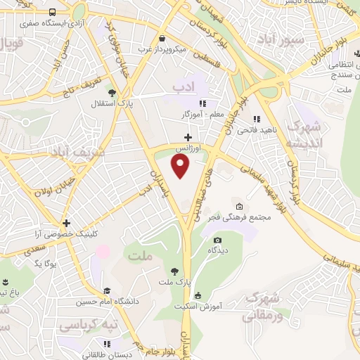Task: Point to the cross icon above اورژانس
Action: coord(187,137)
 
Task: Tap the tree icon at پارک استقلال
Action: coord(112,92)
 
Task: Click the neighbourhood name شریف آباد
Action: coord(78,151)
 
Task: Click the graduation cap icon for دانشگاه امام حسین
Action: coord(107,290)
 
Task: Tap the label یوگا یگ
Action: coord(29,262)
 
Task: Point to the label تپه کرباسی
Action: coord(89,326)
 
